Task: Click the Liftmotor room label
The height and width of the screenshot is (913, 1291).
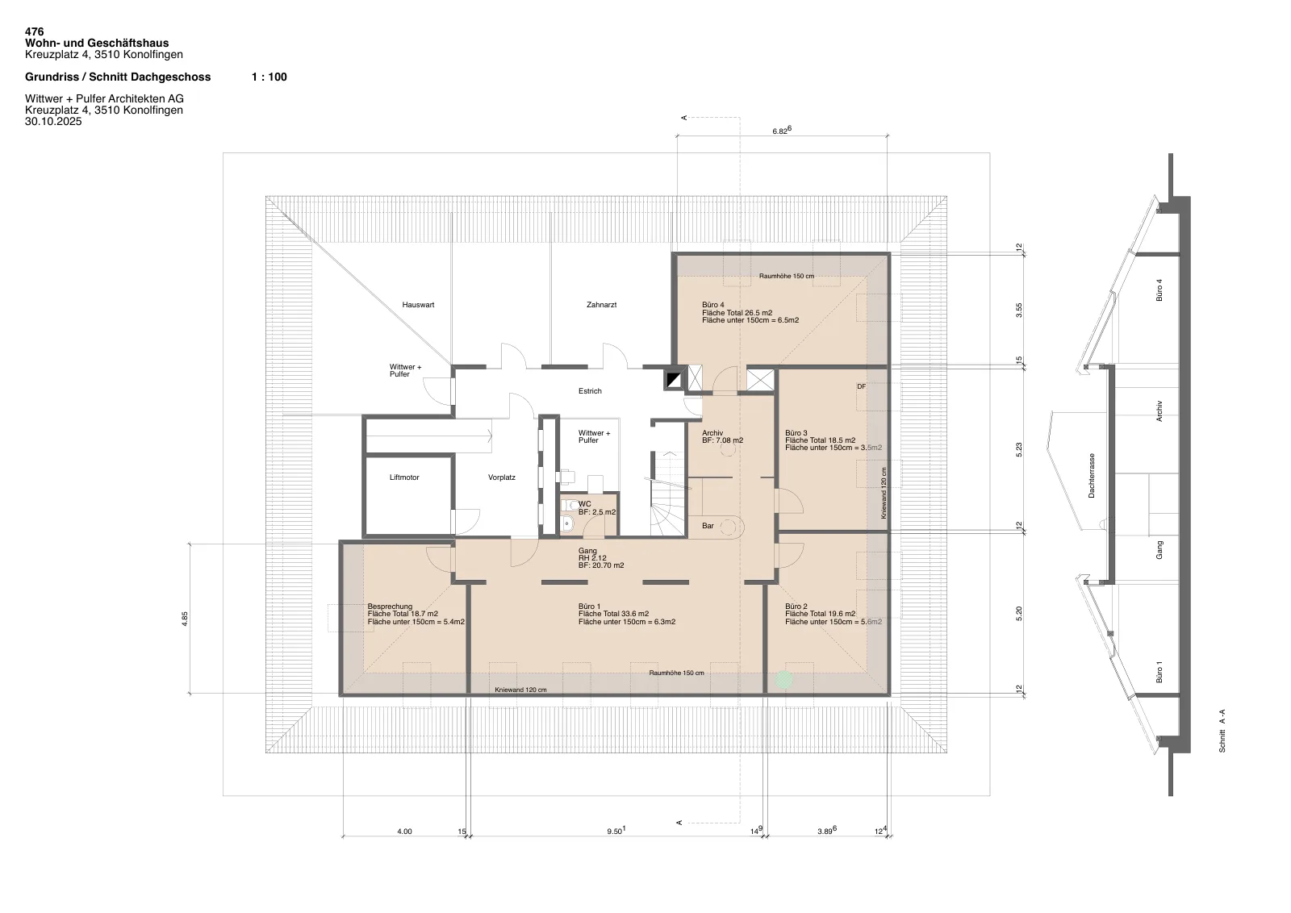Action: (x=404, y=477)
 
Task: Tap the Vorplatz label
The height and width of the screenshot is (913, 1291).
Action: (x=501, y=477)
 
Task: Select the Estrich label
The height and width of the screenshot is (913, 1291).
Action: (x=590, y=391)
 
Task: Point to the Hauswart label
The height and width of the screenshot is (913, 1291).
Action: (x=418, y=305)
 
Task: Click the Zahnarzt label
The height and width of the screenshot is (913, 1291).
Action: (x=601, y=305)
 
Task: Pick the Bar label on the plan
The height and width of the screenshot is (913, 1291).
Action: (x=708, y=526)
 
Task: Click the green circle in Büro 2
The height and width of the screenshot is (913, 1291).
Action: (x=783, y=680)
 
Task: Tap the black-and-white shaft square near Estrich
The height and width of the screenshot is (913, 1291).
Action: (x=673, y=380)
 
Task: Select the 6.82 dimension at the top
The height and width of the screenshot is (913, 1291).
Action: (x=782, y=130)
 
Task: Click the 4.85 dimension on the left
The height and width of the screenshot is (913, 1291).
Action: (x=185, y=619)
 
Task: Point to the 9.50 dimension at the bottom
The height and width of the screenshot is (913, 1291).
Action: (x=616, y=831)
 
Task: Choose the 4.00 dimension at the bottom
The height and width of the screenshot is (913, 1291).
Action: (x=404, y=832)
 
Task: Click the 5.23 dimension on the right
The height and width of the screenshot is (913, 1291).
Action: (x=1018, y=450)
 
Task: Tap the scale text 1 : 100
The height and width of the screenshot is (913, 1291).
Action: (x=269, y=77)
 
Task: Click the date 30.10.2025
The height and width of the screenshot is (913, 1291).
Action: (x=53, y=122)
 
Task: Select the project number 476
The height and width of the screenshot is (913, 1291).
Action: (x=34, y=31)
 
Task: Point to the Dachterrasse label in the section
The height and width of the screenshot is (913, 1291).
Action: (x=1091, y=476)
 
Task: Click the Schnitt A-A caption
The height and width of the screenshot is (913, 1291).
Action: (x=1222, y=731)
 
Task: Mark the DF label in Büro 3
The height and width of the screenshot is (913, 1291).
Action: (x=861, y=387)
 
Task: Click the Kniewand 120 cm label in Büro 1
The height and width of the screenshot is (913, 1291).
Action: (x=520, y=690)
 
